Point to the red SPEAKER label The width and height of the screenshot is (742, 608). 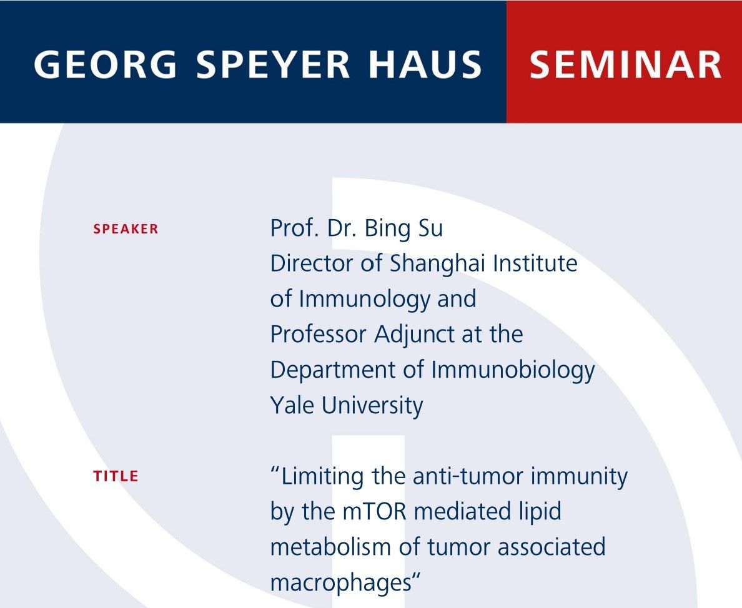point(126,229)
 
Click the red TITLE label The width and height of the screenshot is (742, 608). point(116,476)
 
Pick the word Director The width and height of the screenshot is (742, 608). point(312,264)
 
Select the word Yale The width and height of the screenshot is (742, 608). point(292,406)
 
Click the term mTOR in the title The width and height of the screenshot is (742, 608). point(374,512)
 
